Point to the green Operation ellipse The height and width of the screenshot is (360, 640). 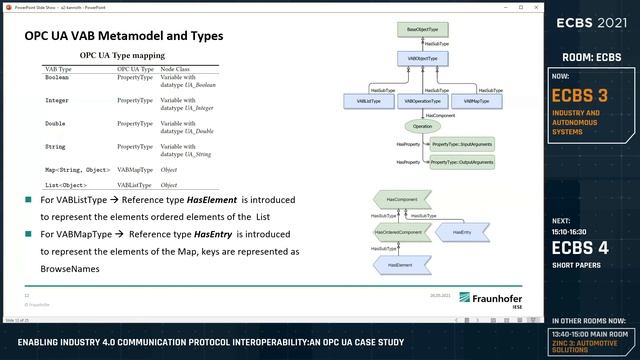point(422,127)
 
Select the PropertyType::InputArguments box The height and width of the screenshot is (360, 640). point(461,146)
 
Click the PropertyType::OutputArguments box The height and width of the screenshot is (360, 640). point(461,162)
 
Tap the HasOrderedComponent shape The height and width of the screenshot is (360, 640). point(399,232)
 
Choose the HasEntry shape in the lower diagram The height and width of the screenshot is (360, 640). point(461,232)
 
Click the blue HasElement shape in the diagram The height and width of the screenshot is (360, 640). point(399,265)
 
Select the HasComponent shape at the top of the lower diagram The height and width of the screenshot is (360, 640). point(399,199)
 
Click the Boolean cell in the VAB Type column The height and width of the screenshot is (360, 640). point(58,78)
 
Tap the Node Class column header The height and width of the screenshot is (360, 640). point(175,69)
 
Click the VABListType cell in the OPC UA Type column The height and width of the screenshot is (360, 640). point(135,185)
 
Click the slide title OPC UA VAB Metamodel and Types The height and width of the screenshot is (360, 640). point(124,37)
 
